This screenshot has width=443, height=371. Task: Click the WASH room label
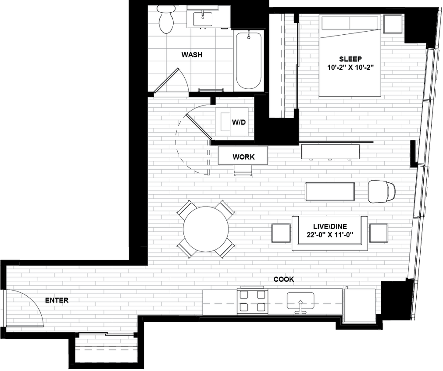192,55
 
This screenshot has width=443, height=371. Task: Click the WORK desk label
243,156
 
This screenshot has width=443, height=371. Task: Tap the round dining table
206,229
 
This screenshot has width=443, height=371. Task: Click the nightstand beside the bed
393,24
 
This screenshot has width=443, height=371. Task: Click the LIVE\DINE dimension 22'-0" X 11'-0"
330,235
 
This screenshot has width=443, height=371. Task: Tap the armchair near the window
381,191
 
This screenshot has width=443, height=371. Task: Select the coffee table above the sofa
329,191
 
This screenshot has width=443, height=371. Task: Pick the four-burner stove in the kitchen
252,301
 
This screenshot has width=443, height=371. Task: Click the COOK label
284,279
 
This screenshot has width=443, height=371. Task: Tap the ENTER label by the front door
57,300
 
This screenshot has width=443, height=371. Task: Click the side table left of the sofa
281,233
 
